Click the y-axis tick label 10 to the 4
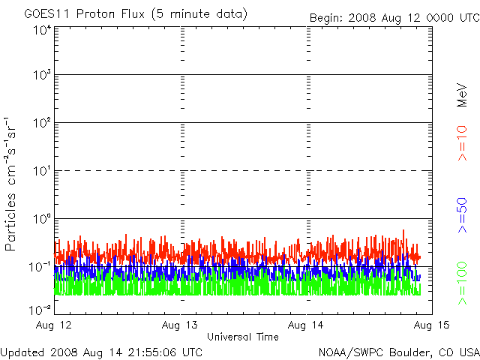pos(41,30)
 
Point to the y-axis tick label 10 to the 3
pos(41,76)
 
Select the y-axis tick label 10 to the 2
pos(41,124)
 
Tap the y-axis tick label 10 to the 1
pos(41,172)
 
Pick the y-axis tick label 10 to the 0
pos(41,220)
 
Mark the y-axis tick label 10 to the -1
pos(40,268)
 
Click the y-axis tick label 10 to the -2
pos(40,309)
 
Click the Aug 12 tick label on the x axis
pos(55,325)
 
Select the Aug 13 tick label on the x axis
pos(181,325)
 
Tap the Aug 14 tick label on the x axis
pos(307,325)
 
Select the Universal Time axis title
pos(242,337)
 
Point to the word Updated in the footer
pos(22,352)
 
